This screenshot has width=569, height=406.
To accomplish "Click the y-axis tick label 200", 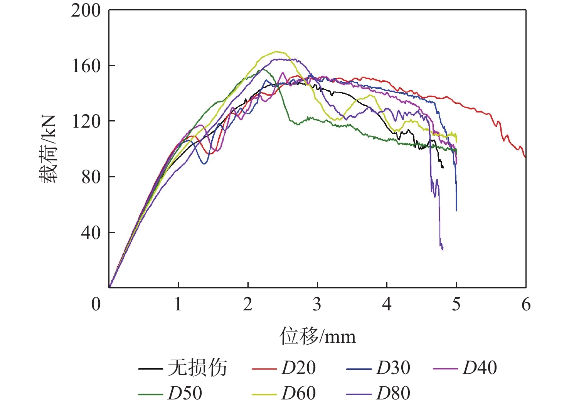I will point(86,11).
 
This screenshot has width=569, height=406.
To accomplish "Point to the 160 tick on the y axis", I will point(86,66).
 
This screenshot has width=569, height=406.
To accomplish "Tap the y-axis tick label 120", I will point(86,121).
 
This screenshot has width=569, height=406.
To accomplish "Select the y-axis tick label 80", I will point(91,177).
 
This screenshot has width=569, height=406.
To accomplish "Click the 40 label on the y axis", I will point(91,232).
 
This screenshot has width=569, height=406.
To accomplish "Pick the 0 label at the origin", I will point(96,304).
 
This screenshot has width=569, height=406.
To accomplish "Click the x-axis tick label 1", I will point(178,304).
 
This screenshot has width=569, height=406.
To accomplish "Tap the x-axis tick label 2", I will point(247,304).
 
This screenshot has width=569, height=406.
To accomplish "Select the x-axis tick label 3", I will point(317,304).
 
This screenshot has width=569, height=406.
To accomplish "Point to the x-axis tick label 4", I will point(387,304).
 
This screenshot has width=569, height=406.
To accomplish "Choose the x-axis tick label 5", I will point(456,304).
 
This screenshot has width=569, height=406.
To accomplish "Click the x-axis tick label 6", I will point(526,304).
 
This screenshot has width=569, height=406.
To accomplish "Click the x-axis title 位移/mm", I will point(317,336).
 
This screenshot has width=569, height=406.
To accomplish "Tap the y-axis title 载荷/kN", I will point(48,149).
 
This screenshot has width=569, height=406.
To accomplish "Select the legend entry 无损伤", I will point(197,368).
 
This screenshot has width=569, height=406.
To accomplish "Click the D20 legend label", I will point(298,368).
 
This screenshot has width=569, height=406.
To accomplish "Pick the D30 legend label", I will point(393,368).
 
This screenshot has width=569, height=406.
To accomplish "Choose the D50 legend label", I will point(185,393).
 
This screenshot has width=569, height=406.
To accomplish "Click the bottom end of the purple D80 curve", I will point(442,249).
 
